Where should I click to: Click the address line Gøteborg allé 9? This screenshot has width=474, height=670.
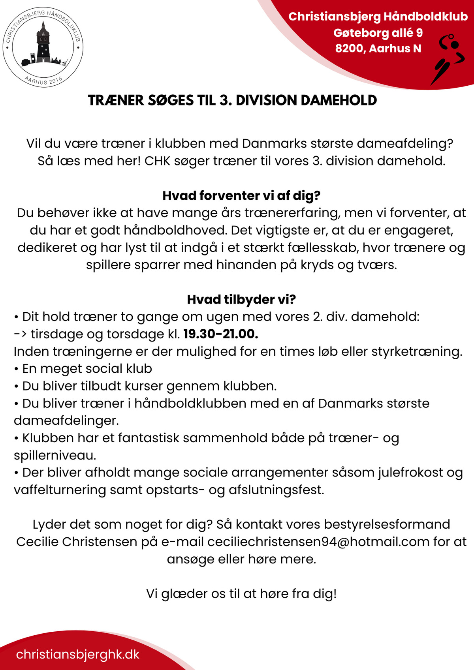point(378,32)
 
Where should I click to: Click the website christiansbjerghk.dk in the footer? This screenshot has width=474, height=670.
point(78,654)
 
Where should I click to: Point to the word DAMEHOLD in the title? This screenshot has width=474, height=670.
point(339,100)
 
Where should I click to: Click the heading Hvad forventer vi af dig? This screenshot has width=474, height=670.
point(241,195)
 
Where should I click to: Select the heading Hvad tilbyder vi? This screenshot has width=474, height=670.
point(241,299)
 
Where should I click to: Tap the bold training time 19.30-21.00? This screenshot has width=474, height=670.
point(221,334)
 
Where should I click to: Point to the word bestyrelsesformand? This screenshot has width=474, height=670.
point(387,524)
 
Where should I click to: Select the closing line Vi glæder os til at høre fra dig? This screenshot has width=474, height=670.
point(241,593)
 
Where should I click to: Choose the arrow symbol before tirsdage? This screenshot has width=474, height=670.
point(21,334)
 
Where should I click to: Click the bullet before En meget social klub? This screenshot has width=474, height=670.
point(17,369)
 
